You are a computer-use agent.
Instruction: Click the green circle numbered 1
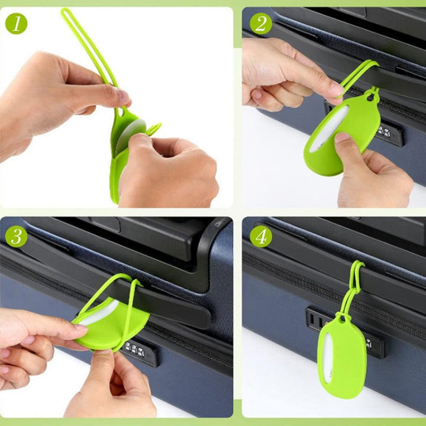pyautogui.click(x=17, y=24)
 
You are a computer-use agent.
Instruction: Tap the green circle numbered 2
pyautogui.click(x=261, y=24)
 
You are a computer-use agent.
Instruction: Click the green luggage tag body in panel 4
pyautogui.click(x=342, y=359)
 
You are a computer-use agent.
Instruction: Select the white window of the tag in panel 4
pyautogui.click(x=328, y=358)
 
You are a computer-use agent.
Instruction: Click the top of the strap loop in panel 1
pyautogui.click(x=65, y=11)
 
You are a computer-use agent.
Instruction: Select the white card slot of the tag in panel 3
pyautogui.click(x=99, y=312)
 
